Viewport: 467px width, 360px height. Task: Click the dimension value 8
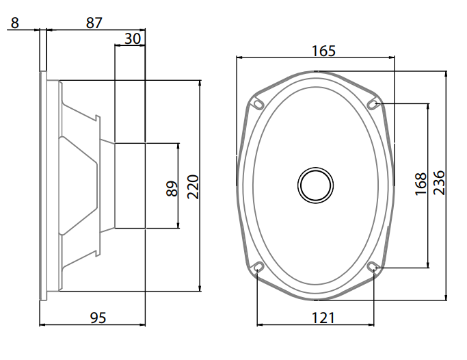(x=14, y=23)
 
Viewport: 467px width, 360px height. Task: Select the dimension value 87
(x=94, y=23)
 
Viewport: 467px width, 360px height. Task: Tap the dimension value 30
(x=133, y=39)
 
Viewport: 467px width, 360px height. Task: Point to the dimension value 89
(x=172, y=189)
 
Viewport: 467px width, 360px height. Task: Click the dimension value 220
(x=193, y=187)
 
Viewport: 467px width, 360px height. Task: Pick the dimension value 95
(x=98, y=318)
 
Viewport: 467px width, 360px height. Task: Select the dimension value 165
(x=323, y=51)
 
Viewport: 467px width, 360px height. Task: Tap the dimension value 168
(x=421, y=184)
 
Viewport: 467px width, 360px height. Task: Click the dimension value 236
(x=439, y=183)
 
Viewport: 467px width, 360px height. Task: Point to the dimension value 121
(x=323, y=318)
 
